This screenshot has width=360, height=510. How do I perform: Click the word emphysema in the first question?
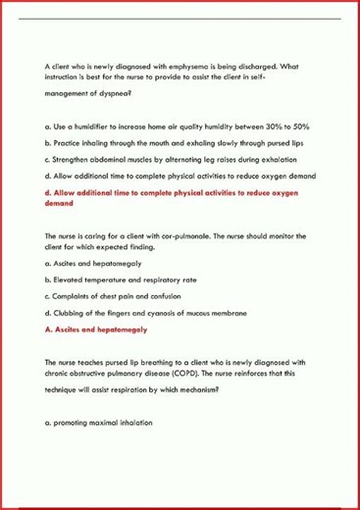click(173, 66)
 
